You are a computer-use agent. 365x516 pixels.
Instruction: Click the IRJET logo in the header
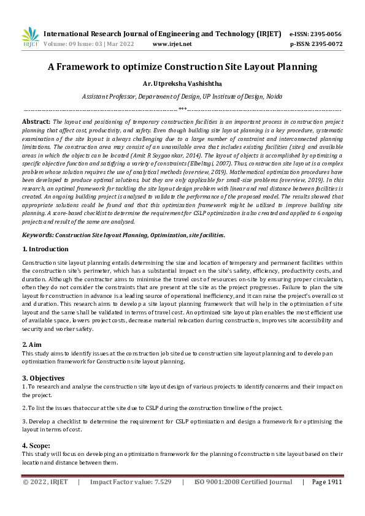click(x=29, y=37)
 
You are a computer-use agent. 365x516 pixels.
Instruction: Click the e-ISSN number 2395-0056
click(x=325, y=34)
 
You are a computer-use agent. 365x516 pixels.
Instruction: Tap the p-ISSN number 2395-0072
click(x=325, y=44)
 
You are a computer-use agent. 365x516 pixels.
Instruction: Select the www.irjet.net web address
click(x=172, y=44)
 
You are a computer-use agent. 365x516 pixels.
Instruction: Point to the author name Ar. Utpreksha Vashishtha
click(x=182, y=83)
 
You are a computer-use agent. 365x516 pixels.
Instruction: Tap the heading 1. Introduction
click(x=45, y=249)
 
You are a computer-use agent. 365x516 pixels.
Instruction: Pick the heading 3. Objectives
click(x=44, y=377)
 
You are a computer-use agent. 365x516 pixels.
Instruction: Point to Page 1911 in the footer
click(x=326, y=482)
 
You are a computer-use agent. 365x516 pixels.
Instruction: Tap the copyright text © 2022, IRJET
click(x=46, y=482)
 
